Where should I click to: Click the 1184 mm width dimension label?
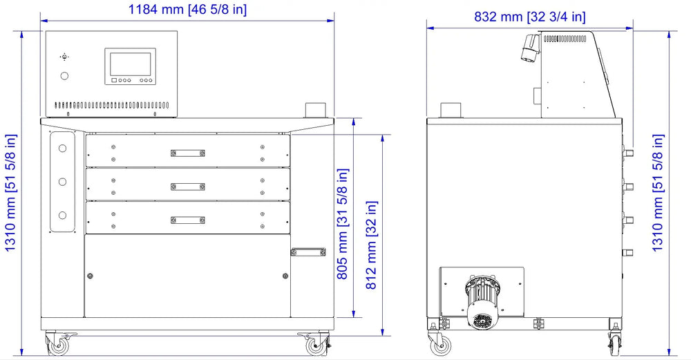(x=187, y=9)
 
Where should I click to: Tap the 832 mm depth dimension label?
(x=530, y=17)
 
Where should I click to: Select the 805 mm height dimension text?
(x=343, y=224)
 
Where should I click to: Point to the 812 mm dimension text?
(x=372, y=245)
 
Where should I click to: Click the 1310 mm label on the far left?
(x=10, y=193)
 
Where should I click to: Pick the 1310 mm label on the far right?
(x=657, y=193)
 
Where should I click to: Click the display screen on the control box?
(x=130, y=64)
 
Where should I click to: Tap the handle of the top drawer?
(x=188, y=153)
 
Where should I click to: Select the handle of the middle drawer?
(x=188, y=187)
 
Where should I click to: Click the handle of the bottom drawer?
(x=188, y=220)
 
